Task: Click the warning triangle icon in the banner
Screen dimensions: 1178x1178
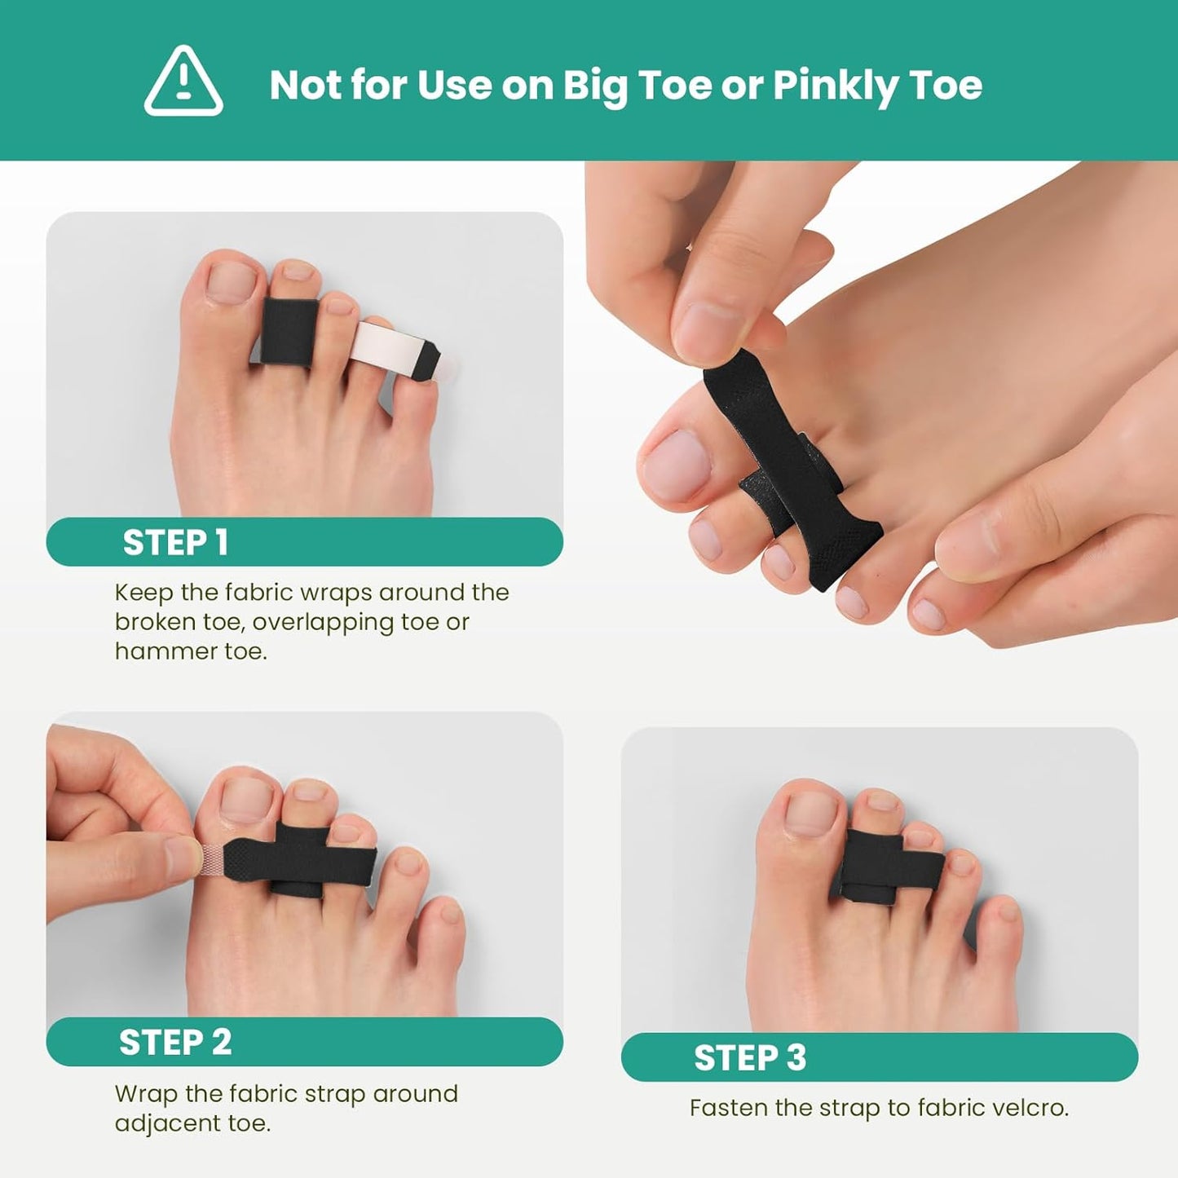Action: point(183,82)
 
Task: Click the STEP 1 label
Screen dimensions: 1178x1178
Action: point(174,543)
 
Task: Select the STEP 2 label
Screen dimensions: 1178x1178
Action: point(175,1043)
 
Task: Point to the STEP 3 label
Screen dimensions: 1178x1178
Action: point(750,1058)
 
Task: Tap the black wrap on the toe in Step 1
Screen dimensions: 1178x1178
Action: point(288,333)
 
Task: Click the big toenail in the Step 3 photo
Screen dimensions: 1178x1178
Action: point(810,814)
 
